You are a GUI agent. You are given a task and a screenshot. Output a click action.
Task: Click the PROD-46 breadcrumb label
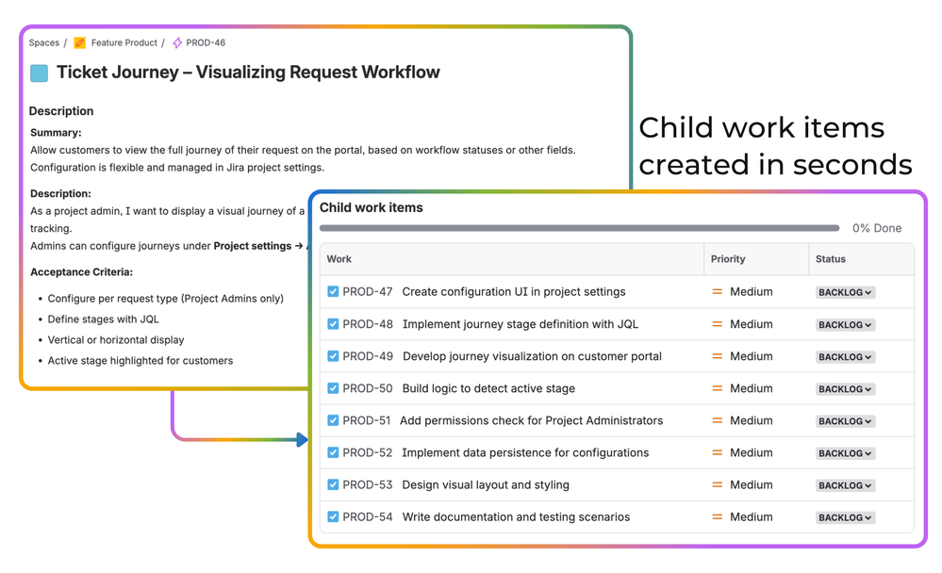tap(206, 42)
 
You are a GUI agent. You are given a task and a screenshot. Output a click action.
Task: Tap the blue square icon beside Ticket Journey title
tap(40, 73)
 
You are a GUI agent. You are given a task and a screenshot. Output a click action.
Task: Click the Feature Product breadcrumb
tap(124, 42)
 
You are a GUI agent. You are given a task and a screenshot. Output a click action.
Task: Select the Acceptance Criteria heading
tap(81, 272)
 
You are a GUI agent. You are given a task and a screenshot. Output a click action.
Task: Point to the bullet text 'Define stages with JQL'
tap(103, 319)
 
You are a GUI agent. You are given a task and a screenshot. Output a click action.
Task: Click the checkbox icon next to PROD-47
tap(333, 292)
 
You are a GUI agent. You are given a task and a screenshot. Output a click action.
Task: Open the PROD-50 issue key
tap(368, 388)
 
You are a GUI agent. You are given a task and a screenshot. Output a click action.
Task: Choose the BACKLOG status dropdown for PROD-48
tap(845, 325)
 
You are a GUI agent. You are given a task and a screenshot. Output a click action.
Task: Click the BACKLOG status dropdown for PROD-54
tap(845, 517)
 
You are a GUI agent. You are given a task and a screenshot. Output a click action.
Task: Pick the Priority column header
tap(728, 259)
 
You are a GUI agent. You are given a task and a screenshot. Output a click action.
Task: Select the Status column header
tap(831, 259)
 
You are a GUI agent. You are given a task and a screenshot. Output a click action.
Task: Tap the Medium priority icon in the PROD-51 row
tap(718, 420)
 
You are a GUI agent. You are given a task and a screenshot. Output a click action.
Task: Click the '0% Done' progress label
tap(877, 228)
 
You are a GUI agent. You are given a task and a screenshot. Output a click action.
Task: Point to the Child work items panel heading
tap(371, 207)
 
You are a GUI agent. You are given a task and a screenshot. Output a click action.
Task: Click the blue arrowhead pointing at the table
tap(302, 439)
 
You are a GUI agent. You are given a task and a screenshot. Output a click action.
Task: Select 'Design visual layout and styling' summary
tap(486, 484)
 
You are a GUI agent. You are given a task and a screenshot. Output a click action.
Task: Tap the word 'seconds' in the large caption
tap(852, 165)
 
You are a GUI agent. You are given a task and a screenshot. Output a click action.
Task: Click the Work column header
tap(339, 259)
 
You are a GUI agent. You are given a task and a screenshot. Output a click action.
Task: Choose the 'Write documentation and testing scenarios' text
tap(516, 516)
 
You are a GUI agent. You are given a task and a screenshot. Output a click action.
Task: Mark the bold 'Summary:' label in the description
tap(56, 133)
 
